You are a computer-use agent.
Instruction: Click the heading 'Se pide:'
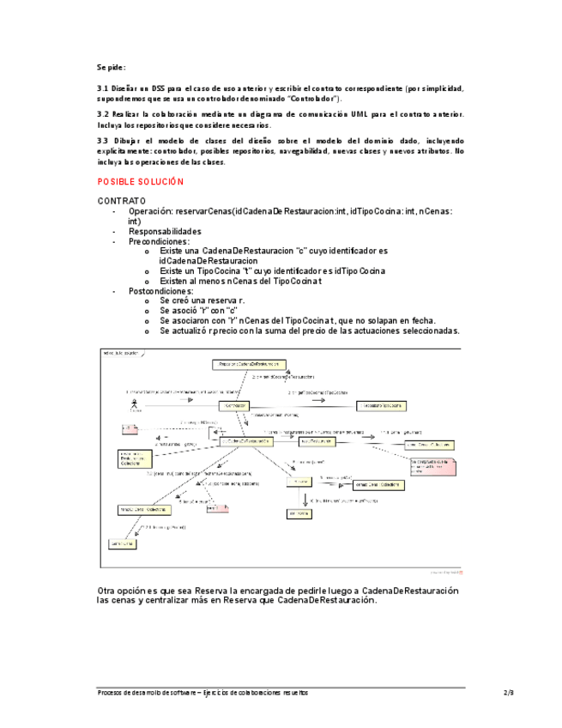(x=112, y=66)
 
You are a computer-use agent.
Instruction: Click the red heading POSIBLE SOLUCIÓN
(x=141, y=182)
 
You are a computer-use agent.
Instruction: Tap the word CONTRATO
(x=121, y=201)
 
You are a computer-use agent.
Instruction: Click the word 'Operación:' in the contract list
(x=150, y=211)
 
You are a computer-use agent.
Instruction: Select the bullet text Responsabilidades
(x=165, y=231)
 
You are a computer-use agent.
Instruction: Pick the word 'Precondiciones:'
(x=159, y=241)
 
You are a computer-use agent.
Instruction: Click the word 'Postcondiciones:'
(x=160, y=291)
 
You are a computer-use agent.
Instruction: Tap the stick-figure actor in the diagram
(x=134, y=404)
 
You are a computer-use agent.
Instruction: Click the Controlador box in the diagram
(x=235, y=405)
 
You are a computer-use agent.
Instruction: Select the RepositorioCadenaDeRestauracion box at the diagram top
(x=249, y=365)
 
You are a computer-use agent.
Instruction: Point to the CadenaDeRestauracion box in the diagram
(x=245, y=441)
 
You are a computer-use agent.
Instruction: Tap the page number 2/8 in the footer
(x=508, y=692)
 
